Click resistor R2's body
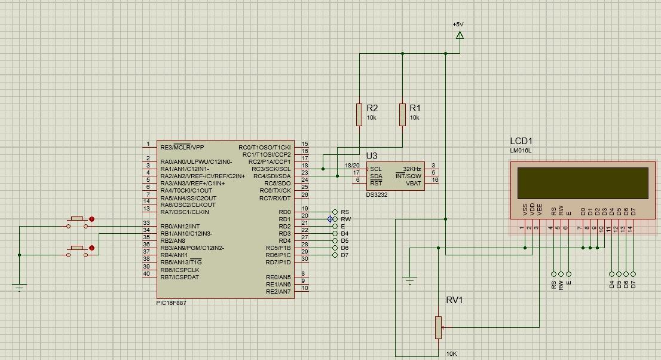tap(359, 115)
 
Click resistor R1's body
tap(403, 115)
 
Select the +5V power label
tap(458, 25)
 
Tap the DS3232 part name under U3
tap(377, 194)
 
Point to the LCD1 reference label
tap(521, 141)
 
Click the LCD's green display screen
tap(583, 183)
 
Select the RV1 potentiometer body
tap(438, 327)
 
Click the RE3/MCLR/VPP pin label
tap(182, 147)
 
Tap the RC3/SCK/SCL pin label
tap(271, 169)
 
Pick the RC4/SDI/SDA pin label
tap(271, 176)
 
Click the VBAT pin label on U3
tap(414, 183)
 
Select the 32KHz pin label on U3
tap(412, 169)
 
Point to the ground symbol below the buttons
tap(20, 286)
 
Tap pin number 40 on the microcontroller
tap(146, 274)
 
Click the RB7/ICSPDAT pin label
tap(179, 277)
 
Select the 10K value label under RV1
tap(452, 353)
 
